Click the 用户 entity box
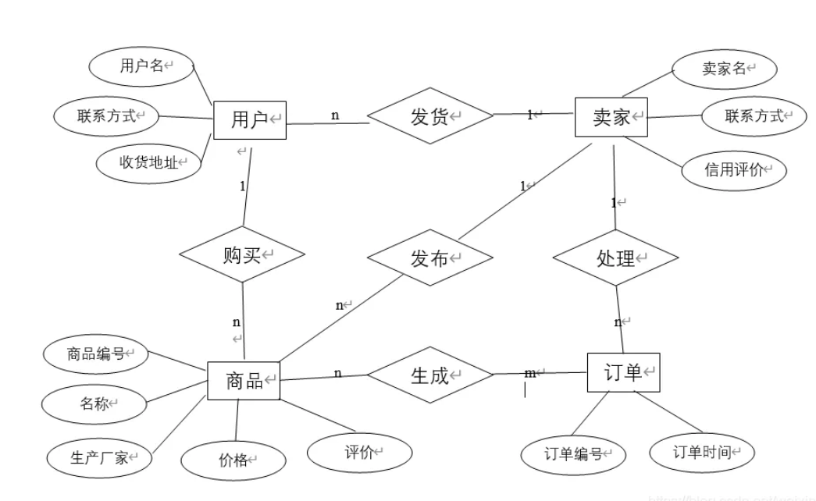(250, 119)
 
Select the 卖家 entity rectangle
(611, 117)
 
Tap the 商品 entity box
(243, 381)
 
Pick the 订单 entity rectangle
(623, 372)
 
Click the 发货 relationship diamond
(430, 117)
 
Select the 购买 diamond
(241, 254)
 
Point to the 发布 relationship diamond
(429, 258)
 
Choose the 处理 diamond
(615, 258)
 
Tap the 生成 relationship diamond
(430, 375)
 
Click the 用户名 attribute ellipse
(141, 66)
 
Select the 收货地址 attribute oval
(148, 162)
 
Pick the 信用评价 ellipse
(734, 169)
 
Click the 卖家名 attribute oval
(724, 69)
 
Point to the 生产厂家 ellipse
(99, 457)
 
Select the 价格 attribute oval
(233, 460)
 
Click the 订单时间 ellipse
(702, 452)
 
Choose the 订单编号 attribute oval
(573, 453)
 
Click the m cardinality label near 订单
(530, 374)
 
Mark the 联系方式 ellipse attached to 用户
(106, 117)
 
